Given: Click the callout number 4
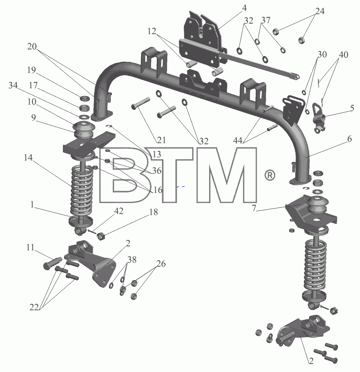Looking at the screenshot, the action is point(244,8).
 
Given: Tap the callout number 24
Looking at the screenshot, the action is point(320,11).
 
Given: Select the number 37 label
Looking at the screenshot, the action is point(266,20).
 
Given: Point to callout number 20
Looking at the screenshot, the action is point(32,46).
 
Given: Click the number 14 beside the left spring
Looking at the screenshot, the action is point(28,158).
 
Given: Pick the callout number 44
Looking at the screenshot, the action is point(237,141).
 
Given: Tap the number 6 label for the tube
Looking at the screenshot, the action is point(349,139).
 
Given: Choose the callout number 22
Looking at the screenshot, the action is point(34,307).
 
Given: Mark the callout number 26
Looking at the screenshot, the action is point(161,264).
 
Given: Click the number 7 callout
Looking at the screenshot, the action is point(254,208).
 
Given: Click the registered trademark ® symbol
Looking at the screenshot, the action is point(269,175).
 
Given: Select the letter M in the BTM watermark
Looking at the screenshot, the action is point(227,175).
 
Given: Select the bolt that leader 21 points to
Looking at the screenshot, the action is point(141,104).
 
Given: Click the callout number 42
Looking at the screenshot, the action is point(119,211).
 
